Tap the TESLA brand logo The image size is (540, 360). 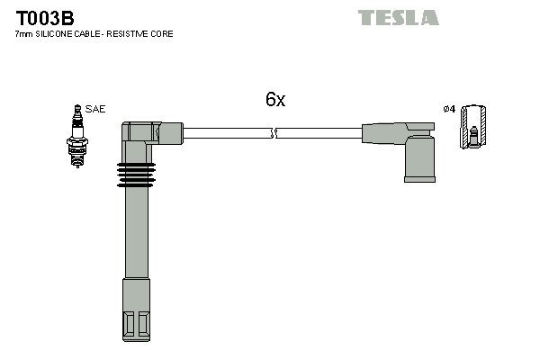tap(398, 17)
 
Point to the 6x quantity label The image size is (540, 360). tap(274, 100)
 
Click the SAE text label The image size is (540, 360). tap(96, 109)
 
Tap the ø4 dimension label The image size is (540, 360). tap(450, 110)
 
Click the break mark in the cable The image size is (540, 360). tap(274, 134)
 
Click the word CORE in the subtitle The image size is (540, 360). tap(164, 33)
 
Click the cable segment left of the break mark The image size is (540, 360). tap(225, 134)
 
